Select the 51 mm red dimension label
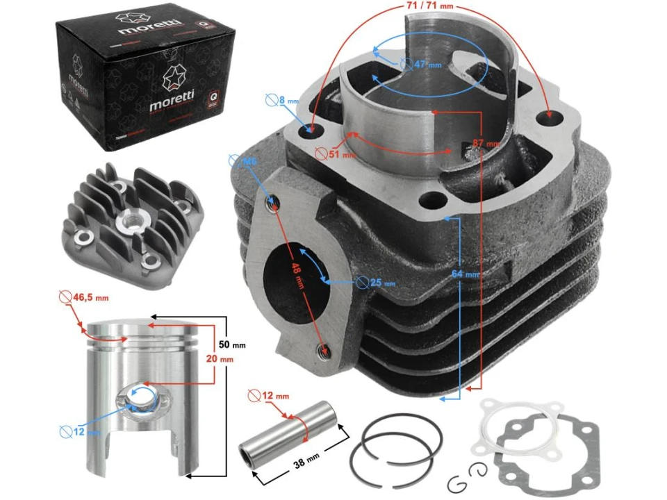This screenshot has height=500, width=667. pyautogui.click(x=339, y=155)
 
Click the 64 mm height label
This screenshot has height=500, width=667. pyautogui.click(x=465, y=274)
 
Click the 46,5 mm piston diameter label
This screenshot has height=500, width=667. pyautogui.click(x=91, y=298)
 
